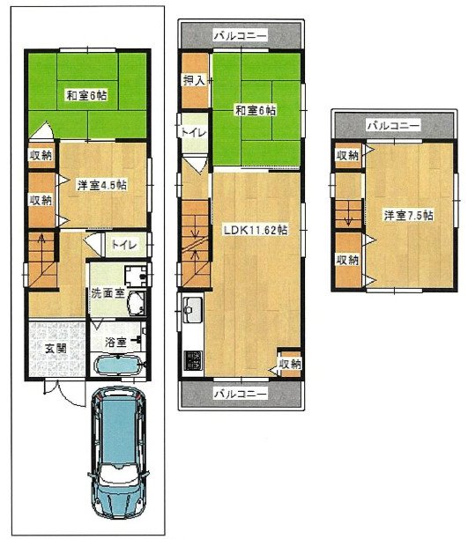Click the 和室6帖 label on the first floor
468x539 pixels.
click(86, 95)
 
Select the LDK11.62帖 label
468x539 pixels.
click(256, 230)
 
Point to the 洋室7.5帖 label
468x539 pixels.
click(408, 216)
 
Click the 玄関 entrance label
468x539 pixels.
click(56, 349)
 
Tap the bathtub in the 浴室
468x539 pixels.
click(118, 365)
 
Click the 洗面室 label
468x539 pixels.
click(108, 293)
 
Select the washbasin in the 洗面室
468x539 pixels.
click(137, 304)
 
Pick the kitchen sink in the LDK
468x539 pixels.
click(192, 310)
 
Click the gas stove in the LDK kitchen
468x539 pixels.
click(193, 360)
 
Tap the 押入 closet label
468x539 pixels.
click(194, 80)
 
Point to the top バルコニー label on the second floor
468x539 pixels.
click(241, 35)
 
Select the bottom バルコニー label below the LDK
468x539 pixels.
click(241, 394)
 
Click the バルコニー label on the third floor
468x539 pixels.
click(394, 125)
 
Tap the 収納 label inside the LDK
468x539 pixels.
click(291, 364)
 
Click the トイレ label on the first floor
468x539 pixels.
click(124, 245)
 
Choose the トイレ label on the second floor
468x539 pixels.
click(193, 133)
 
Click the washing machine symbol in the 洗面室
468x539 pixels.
click(136, 276)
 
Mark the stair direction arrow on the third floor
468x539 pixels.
click(348, 218)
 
